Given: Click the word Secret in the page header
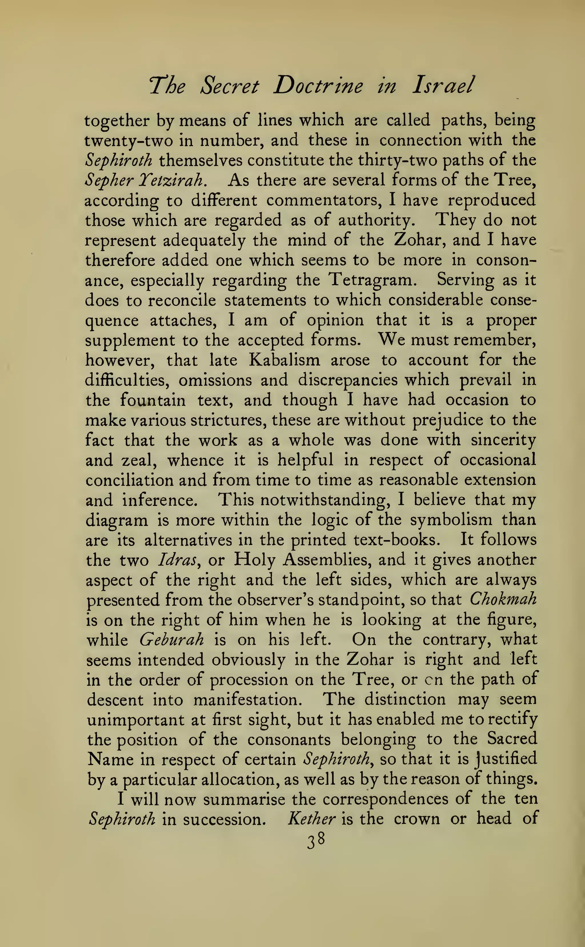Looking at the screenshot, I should point(230,86).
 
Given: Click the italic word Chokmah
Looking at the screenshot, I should point(503,600).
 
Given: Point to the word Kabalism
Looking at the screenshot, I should point(285,360).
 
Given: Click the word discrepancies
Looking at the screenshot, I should point(347,380).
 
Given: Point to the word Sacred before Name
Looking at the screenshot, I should point(512,739).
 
